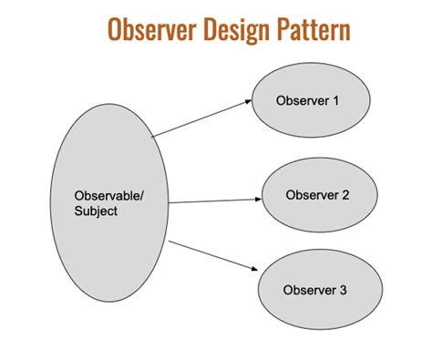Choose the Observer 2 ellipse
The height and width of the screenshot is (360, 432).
(318, 196)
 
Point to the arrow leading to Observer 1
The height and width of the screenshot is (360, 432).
(201, 118)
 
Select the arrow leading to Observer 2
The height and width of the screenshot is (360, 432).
(215, 201)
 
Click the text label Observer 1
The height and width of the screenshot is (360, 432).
(308, 99)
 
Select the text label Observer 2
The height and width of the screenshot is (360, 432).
(318, 195)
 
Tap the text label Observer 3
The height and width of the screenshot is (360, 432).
(314, 291)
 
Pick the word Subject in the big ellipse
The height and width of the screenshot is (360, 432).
(95, 211)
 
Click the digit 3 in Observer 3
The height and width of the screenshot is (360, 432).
(343, 291)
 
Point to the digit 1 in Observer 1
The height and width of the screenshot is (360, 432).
(336, 99)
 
